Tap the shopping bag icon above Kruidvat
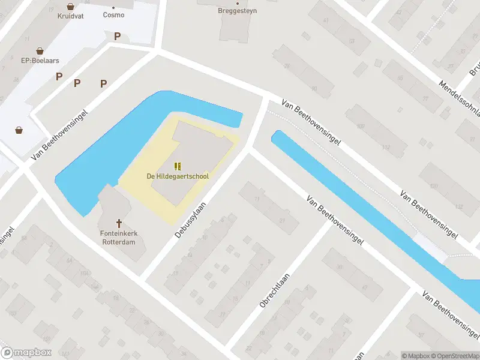(x=71, y=7)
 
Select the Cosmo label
(x=113, y=15)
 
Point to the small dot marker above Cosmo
(x=113, y=8)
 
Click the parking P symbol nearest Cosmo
(x=117, y=37)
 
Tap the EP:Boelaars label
(x=40, y=61)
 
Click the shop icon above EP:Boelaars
(x=40, y=51)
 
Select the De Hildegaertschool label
(x=178, y=176)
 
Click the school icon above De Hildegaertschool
(x=177, y=166)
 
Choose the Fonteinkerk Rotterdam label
(x=118, y=238)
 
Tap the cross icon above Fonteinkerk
(x=119, y=223)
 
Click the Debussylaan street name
(x=190, y=220)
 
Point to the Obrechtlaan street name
(x=274, y=290)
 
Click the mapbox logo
(x=26, y=353)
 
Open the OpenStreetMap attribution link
(x=455, y=356)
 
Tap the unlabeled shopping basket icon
(x=19, y=130)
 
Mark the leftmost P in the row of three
(x=59, y=76)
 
